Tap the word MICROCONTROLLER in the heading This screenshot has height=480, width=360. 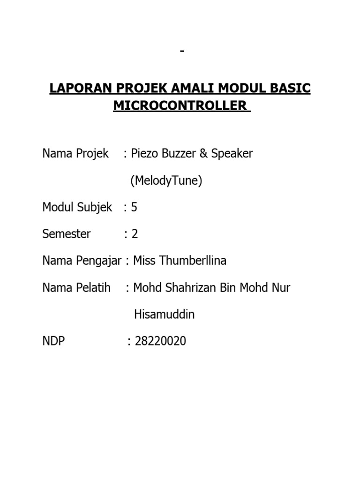(180, 105)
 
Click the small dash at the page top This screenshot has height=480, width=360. (182, 51)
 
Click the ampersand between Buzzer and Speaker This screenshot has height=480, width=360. (203, 154)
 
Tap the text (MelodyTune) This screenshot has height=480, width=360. (166, 181)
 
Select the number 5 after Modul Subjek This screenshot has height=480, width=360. (135, 208)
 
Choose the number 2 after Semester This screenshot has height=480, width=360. (135, 234)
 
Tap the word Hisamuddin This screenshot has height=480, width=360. (164, 315)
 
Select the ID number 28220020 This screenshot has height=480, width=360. (160, 342)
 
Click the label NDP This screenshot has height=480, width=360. (54, 342)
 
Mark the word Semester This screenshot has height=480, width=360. (67, 234)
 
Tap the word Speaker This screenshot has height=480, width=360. (232, 154)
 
